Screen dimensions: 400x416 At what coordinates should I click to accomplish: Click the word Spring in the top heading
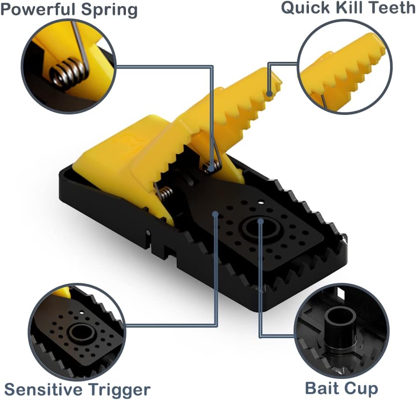coord(111,10)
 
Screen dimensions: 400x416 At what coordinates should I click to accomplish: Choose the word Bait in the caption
coord(321,388)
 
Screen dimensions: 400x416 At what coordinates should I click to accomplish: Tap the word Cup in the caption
coord(361,388)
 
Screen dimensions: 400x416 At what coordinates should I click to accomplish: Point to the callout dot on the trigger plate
coord(216,214)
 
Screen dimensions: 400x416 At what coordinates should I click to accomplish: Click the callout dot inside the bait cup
coord(261,221)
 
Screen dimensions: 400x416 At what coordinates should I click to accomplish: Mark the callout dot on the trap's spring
coord(212,167)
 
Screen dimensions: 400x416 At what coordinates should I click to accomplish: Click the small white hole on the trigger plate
coord(262,203)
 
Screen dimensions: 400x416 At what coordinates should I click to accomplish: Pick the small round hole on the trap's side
coord(148,232)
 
